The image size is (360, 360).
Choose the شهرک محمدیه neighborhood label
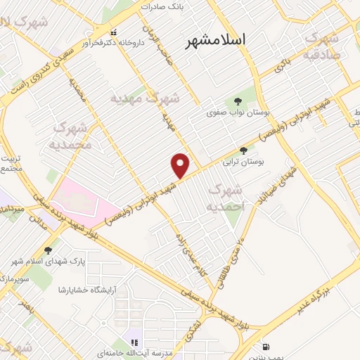pos(71,136)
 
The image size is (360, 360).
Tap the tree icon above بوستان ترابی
pos(244,150)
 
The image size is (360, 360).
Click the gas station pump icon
pos(265,347)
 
